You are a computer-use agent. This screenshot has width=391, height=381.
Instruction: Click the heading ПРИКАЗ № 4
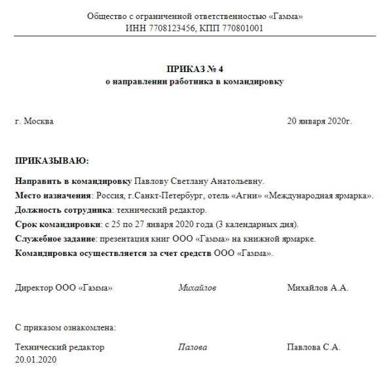coord(195,70)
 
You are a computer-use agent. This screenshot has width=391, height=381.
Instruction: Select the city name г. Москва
coord(34,121)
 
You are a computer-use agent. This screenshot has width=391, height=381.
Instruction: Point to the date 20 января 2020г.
coord(320,121)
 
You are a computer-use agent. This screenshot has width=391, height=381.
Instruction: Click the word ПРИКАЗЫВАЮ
coord(51,160)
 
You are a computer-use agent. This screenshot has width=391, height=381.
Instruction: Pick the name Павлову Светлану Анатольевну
coord(199,181)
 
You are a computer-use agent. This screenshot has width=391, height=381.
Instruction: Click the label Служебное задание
coord(55,238)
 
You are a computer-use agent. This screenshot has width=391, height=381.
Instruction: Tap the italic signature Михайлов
coord(197,287)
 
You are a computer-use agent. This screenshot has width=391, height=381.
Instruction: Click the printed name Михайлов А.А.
coord(318,287)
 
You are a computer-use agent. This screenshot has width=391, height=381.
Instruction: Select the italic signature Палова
coord(193,348)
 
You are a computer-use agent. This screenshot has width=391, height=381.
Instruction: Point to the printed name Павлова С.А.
coord(314,348)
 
